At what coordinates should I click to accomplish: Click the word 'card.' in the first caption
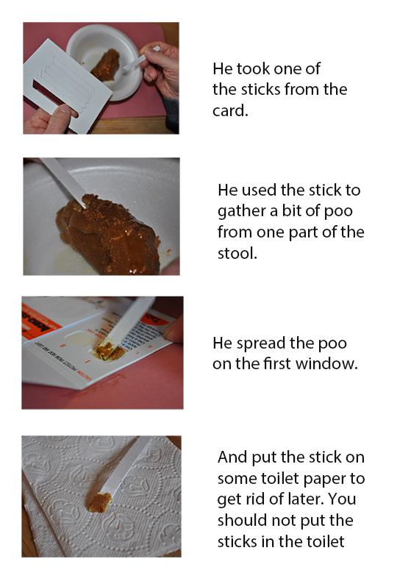tap(230, 110)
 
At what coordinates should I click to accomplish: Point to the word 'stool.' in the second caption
tap(237, 253)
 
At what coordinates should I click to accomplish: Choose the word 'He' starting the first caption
tap(222, 68)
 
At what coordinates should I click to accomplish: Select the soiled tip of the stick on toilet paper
tap(99, 502)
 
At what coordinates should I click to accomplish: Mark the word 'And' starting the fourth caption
tap(232, 457)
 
